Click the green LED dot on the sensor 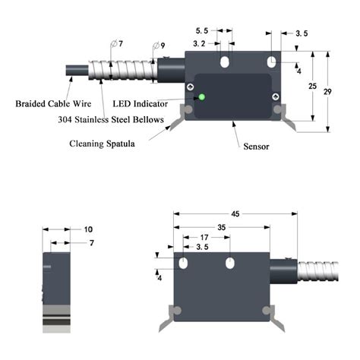tap(202, 96)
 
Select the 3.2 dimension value tap(199, 45)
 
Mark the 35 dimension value tap(221, 226)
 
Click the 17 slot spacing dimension tap(206, 237)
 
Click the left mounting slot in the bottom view tap(184, 263)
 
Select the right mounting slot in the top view tap(271, 59)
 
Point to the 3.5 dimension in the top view tap(301, 33)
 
